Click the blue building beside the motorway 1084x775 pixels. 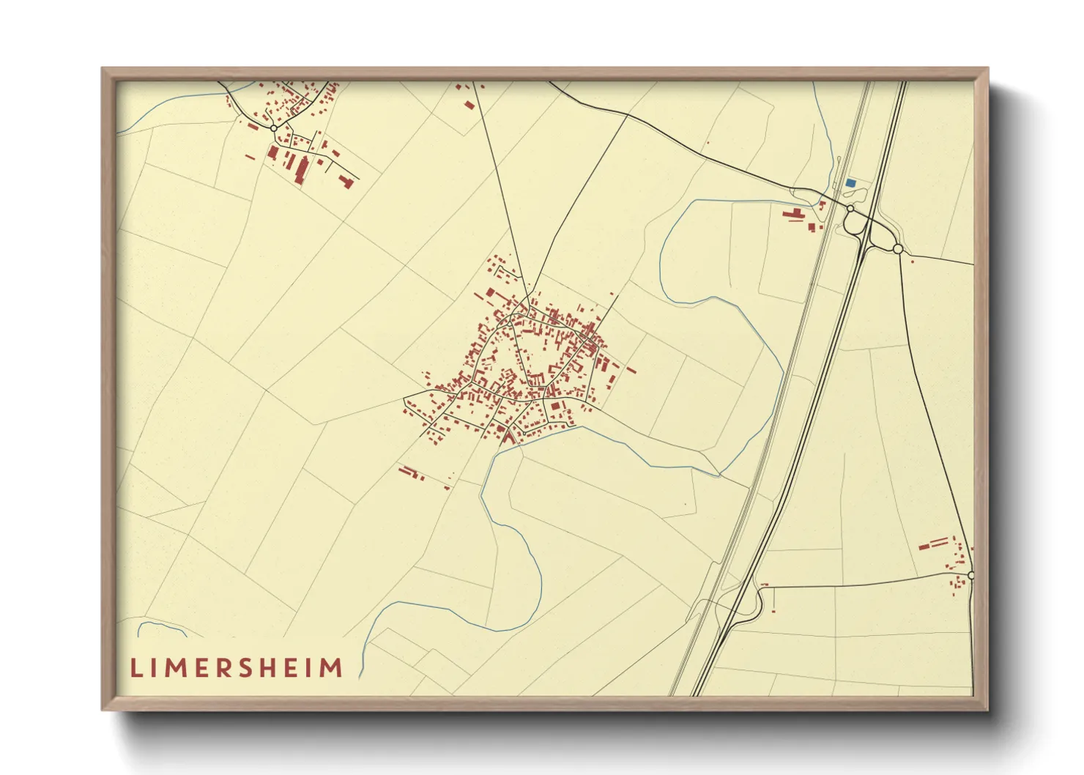click(x=850, y=182)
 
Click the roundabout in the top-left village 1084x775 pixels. click(x=273, y=128)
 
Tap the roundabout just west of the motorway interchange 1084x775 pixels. click(x=850, y=209)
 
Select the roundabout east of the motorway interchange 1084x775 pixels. click(x=898, y=249)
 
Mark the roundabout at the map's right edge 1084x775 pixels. click(x=971, y=576)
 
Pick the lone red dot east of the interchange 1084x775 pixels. click(x=913, y=259)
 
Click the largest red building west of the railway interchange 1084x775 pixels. click(x=792, y=215)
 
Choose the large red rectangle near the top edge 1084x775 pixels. click(x=469, y=104)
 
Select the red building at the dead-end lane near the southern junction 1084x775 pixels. click(x=763, y=585)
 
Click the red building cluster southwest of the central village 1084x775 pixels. click(x=412, y=473)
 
